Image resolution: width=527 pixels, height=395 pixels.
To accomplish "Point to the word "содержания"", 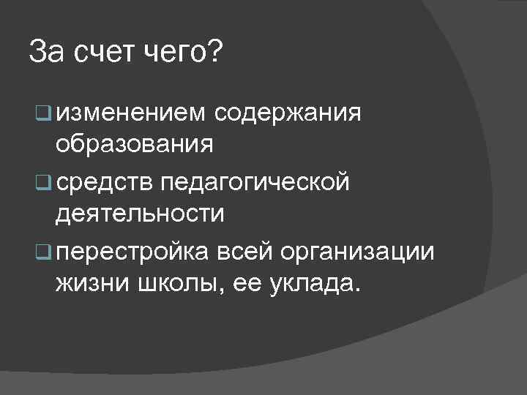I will tap(289, 114).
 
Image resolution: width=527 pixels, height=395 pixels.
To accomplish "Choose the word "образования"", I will tap(135, 144).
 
